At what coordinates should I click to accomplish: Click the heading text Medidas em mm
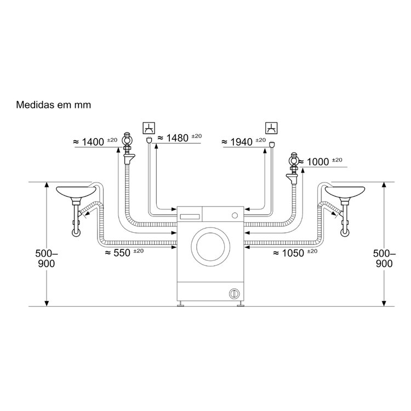coord(54,105)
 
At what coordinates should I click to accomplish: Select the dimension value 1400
coord(93,142)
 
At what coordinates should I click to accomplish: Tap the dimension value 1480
coord(178,138)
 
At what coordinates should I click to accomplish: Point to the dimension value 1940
coord(242,142)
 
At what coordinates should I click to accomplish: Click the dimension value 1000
coord(318,162)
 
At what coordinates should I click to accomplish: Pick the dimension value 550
coord(122,253)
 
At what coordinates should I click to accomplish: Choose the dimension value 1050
coord(293,253)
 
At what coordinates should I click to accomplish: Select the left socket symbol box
coord(149,128)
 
